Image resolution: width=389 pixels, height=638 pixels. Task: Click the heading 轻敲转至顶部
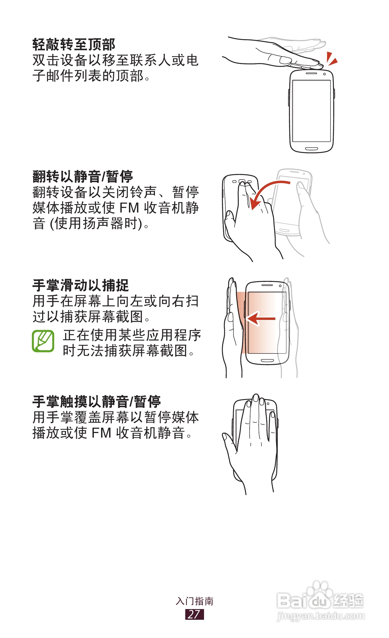pyautogui.click(x=74, y=44)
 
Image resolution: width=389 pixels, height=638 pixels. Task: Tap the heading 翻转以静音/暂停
pyautogui.click(x=83, y=176)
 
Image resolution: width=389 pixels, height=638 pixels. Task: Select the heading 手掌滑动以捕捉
pyautogui.click(x=80, y=285)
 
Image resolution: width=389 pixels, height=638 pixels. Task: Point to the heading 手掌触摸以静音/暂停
pyautogui.click(x=97, y=401)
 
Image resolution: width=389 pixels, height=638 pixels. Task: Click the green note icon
pyautogui.click(x=43, y=341)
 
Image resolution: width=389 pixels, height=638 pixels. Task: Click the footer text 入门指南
pyautogui.click(x=194, y=601)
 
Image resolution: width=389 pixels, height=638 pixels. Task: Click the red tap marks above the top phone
pyautogui.click(x=332, y=59)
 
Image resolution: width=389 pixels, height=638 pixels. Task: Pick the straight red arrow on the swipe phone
pyautogui.click(x=261, y=319)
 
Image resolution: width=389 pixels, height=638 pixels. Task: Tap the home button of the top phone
pyautogui.click(x=311, y=149)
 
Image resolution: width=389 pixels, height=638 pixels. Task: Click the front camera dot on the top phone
pyautogui.click(x=324, y=74)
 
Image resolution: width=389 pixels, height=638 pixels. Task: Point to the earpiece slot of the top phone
pyautogui.click(x=311, y=73)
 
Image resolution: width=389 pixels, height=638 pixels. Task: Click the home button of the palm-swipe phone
pyautogui.click(x=267, y=360)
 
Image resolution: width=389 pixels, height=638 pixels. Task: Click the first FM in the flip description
pyautogui.click(x=129, y=208)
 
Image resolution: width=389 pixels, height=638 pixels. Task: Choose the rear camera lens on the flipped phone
pyautogui.click(x=242, y=182)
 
